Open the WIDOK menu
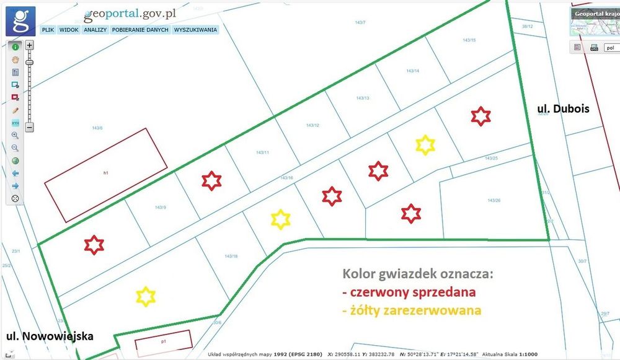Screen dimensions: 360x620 tap(69, 29)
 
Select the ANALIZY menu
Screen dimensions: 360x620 tap(95, 29)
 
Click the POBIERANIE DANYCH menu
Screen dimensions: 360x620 tap(140, 29)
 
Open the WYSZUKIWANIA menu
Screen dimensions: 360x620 tap(195, 29)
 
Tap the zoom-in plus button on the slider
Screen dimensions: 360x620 tap(29, 45)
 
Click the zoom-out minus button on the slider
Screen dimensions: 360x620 tap(29, 128)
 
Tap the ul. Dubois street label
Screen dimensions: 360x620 tap(562, 109)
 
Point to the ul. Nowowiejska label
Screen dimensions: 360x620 tap(50, 336)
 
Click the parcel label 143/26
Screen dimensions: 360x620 tap(494, 200)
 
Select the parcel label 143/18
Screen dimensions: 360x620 tap(231, 256)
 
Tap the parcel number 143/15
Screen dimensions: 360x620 tap(469, 40)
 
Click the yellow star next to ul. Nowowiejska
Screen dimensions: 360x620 tap(146, 296)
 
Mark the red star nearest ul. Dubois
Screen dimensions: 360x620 tap(480, 116)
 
